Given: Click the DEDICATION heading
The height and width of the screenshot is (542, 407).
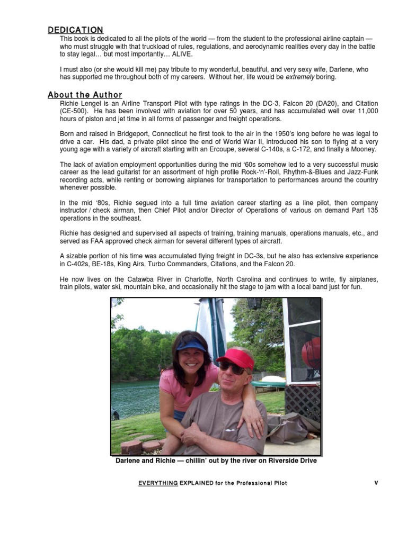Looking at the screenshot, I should (x=75, y=30).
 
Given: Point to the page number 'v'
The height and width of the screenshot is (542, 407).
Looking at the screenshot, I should (x=376, y=483).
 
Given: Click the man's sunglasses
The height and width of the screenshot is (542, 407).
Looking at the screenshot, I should (x=232, y=367).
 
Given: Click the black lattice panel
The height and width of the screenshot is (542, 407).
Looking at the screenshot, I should (x=303, y=402).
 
